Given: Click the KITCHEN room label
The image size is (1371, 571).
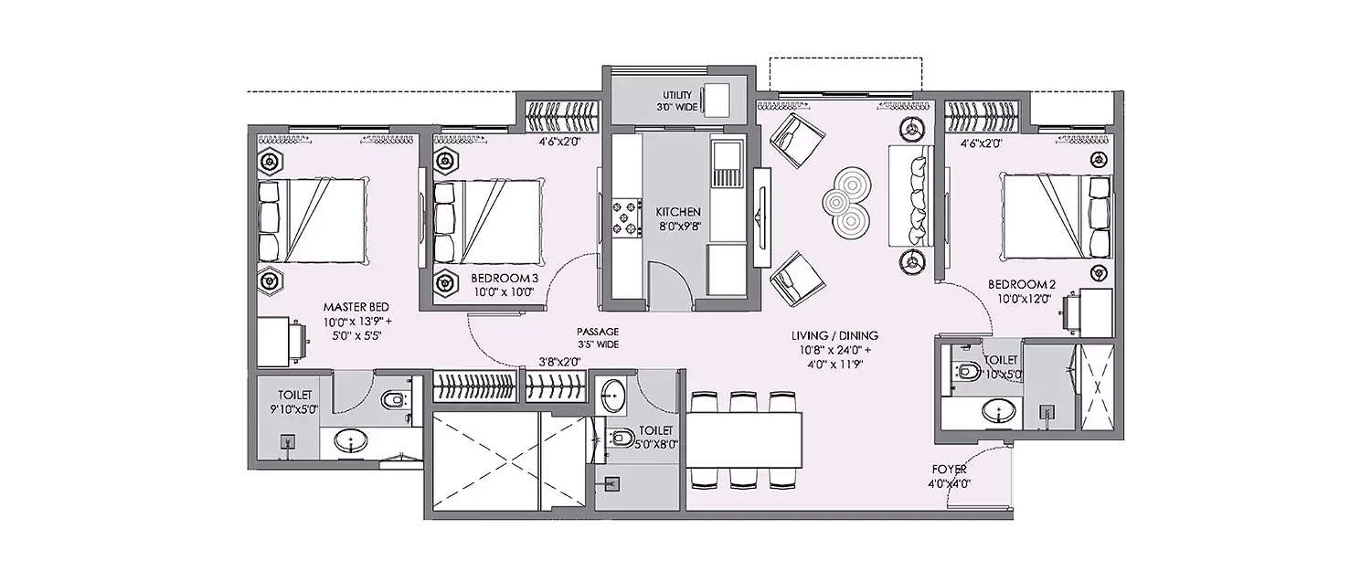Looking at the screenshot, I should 678,211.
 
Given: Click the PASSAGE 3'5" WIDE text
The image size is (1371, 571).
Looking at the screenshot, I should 598,332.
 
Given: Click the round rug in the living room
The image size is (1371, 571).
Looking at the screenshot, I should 845,200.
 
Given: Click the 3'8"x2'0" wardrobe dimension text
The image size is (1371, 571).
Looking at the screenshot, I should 558,362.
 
